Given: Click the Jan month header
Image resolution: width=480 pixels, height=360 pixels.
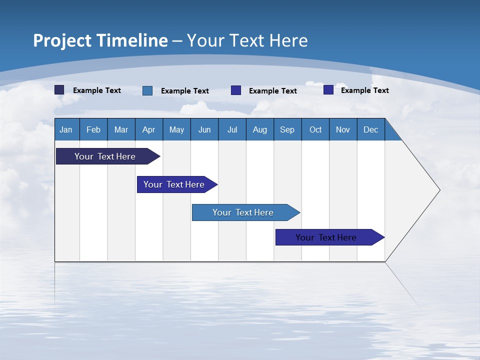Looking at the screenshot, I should click(x=66, y=129).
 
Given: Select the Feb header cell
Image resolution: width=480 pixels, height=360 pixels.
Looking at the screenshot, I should click(x=93, y=129).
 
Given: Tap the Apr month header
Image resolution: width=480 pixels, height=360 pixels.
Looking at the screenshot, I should click(x=149, y=129).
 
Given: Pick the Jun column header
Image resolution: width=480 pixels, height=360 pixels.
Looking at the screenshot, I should click(x=204, y=129).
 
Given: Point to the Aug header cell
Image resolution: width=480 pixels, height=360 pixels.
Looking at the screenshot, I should click(x=260, y=129).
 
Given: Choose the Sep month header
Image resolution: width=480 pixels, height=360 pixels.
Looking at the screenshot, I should click(x=287, y=129).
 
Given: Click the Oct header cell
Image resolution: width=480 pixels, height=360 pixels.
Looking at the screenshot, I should click(x=315, y=129).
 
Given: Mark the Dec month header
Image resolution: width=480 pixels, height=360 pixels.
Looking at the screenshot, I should click(x=371, y=129).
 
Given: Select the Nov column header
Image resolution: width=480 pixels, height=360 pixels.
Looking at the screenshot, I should click(x=343, y=129).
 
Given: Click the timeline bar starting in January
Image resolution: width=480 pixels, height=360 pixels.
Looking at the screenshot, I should click(x=105, y=156).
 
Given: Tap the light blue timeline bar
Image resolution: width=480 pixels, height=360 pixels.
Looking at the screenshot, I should click(x=243, y=212).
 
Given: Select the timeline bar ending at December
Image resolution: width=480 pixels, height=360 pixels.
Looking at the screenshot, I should click(x=326, y=237).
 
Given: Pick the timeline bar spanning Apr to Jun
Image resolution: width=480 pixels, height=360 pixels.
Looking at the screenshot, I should click(x=174, y=184).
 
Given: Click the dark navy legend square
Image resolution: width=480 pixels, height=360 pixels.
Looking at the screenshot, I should click(x=59, y=90).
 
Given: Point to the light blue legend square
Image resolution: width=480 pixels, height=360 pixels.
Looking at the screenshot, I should click(x=147, y=90).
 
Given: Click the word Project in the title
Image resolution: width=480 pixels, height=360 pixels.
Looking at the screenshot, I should click(x=62, y=40).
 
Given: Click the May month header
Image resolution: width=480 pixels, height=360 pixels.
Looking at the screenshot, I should click(x=176, y=129).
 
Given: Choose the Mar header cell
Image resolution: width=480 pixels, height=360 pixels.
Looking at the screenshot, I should click(x=121, y=129).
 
